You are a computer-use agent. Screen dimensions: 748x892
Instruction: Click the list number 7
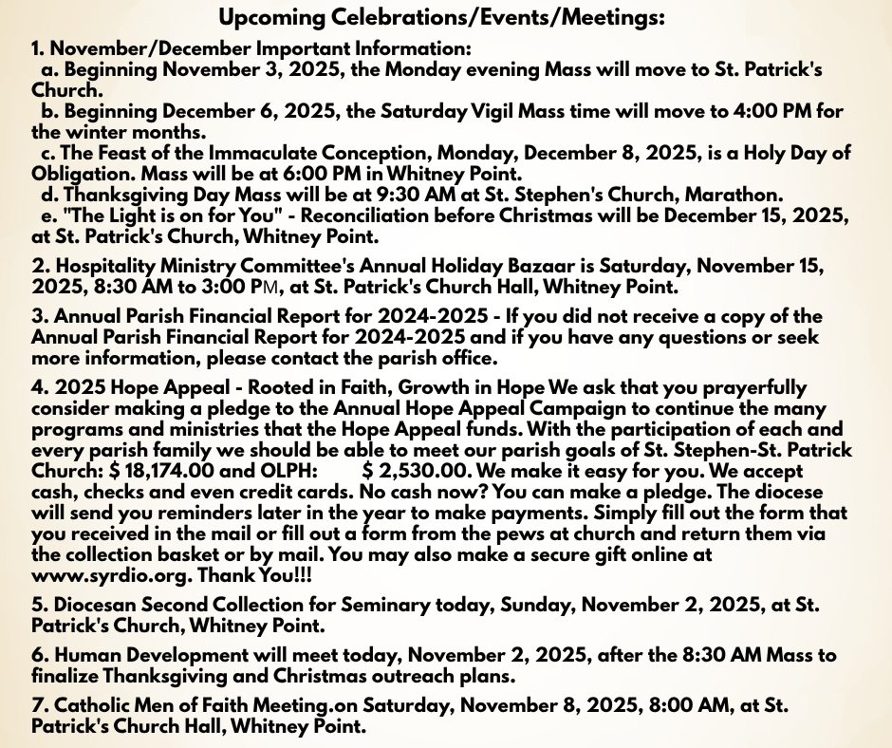pos(37,705)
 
